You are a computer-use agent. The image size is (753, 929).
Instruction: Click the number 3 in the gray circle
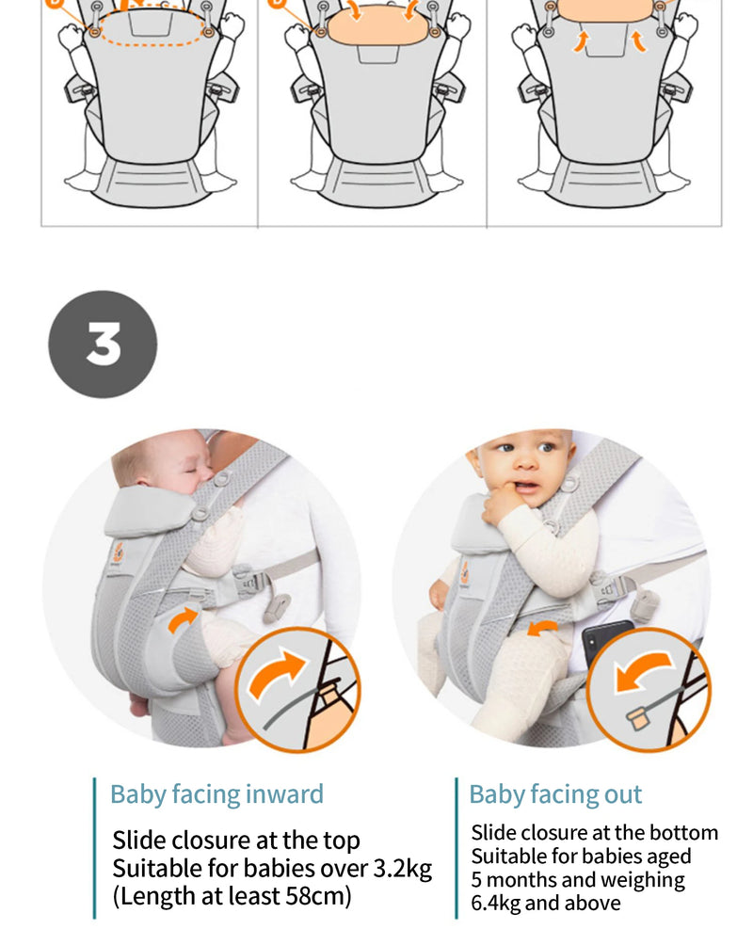coord(103,344)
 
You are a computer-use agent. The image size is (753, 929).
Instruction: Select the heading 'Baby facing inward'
coord(216,793)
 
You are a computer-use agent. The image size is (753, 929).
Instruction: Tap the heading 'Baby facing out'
coord(555,793)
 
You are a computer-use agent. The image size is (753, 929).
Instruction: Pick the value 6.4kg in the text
coord(495,904)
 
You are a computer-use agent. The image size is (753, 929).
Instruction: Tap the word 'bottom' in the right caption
coord(682,832)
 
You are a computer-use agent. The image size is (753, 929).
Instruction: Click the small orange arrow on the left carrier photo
coord(184,618)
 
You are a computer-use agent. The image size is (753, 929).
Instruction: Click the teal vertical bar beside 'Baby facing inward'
coord(94,847)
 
